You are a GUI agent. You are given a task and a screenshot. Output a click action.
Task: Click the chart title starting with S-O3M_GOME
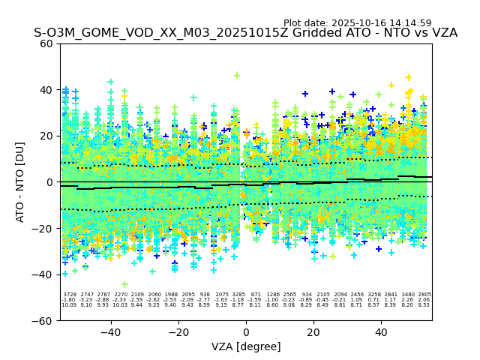[245, 34]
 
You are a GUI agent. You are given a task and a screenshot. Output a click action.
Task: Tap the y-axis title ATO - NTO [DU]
[21, 181]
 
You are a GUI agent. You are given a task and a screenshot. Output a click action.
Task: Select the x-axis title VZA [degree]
[246, 346]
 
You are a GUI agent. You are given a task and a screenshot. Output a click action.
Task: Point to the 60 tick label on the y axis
[46, 43]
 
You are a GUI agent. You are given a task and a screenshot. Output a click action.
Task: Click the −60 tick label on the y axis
[43, 320]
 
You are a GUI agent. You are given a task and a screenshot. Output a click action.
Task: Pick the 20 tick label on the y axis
[46, 136]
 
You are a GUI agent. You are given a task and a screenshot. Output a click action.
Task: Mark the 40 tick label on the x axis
[381, 331]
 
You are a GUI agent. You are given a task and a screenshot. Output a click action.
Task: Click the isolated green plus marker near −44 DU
[124, 284]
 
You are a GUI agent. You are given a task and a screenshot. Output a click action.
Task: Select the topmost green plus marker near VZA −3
[237, 76]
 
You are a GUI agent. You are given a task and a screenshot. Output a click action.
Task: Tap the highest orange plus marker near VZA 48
[409, 77]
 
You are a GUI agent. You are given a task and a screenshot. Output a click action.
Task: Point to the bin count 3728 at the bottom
[69, 295]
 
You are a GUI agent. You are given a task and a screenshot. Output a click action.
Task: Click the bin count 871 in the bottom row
[256, 295]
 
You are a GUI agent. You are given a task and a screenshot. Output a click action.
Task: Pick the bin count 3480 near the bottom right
[408, 295]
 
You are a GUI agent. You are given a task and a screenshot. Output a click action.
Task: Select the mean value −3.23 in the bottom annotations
[86, 300]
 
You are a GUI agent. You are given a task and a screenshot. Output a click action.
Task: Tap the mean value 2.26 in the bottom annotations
[408, 300]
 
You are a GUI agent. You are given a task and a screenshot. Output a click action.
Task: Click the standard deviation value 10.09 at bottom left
[69, 305]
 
